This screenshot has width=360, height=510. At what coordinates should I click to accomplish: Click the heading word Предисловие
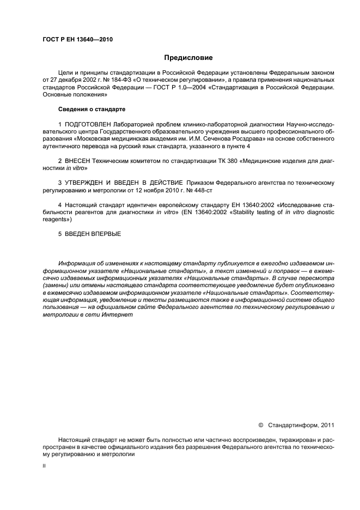(x=189, y=57)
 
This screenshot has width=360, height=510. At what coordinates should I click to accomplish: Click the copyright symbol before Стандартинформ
(x=260, y=425)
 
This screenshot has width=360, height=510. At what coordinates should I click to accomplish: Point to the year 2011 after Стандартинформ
(x=327, y=425)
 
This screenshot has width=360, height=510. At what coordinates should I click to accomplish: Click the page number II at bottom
(x=44, y=467)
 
